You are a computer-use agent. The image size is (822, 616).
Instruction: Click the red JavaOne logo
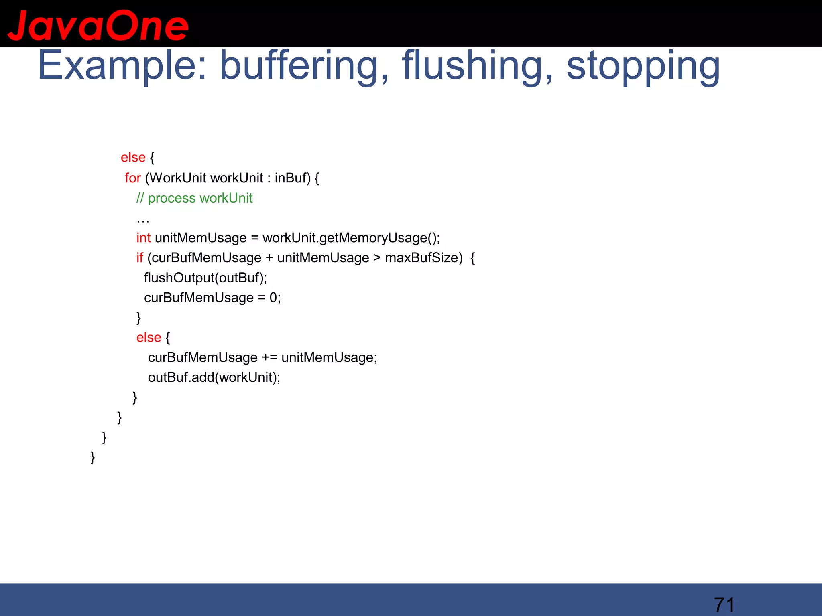click(98, 26)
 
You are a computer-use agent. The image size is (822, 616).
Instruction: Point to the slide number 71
click(724, 604)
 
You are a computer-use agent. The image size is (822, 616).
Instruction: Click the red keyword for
click(133, 178)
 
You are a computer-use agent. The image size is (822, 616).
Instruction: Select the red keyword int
click(143, 238)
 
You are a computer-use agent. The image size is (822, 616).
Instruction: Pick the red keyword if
click(140, 258)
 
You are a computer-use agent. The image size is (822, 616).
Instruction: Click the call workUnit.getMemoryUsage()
click(351, 238)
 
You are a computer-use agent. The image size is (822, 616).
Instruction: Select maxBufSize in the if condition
click(423, 258)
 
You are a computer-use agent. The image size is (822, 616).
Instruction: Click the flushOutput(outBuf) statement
click(205, 278)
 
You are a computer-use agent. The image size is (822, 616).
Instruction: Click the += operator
click(269, 357)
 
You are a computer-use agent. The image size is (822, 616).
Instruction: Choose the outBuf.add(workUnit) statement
click(214, 377)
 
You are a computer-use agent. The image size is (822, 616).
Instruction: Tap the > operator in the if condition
click(377, 258)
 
